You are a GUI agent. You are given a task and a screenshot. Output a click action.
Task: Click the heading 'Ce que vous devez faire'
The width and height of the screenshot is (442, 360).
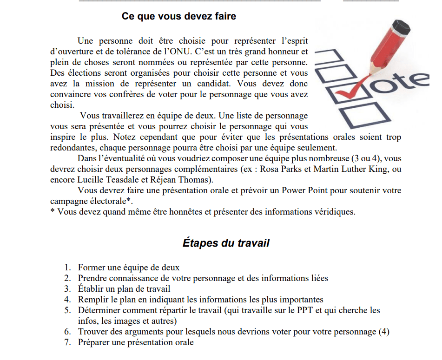[179, 16]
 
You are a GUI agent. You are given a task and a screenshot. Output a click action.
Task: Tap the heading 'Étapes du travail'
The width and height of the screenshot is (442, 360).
[226, 242]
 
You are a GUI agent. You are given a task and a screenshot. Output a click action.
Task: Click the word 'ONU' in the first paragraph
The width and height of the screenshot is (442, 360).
[178, 52]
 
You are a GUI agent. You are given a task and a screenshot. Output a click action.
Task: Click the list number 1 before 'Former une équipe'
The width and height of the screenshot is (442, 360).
[68, 268]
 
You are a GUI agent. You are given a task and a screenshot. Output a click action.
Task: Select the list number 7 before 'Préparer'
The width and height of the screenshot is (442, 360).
[68, 343]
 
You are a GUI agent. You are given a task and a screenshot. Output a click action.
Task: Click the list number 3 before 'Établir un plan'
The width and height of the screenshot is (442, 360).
[68, 289]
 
